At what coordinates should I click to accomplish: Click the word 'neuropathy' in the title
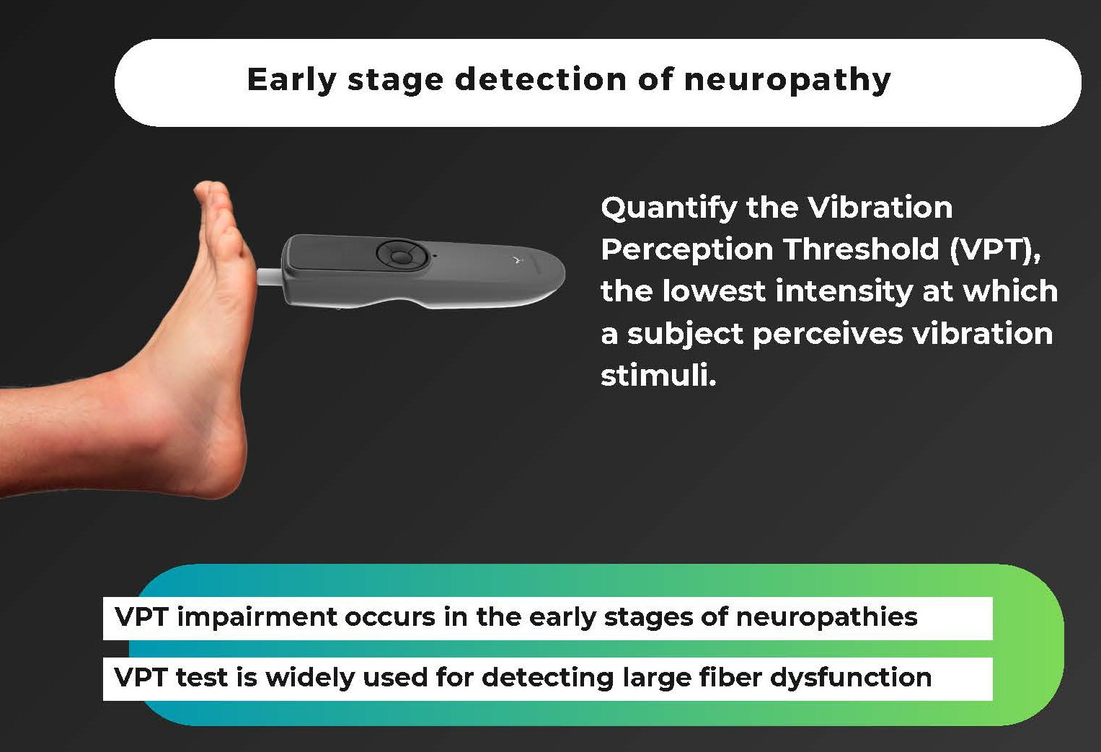pyautogui.click(x=787, y=80)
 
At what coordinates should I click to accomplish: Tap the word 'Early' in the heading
pyautogui.click(x=291, y=80)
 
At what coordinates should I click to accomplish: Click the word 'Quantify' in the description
pyautogui.click(x=668, y=208)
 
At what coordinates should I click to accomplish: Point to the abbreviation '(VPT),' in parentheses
pyautogui.click(x=995, y=249)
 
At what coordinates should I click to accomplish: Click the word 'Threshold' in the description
pyautogui.click(x=861, y=249)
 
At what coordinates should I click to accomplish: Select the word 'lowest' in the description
pyautogui.click(x=714, y=291)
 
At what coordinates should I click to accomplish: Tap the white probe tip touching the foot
pyautogui.click(x=270, y=277)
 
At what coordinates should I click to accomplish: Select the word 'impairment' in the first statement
pyautogui.click(x=257, y=617)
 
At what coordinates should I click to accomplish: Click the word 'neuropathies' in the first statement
pyautogui.click(x=827, y=617)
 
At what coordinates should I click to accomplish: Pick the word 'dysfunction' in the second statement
pyautogui.click(x=851, y=678)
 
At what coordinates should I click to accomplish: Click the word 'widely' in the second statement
pyautogui.click(x=309, y=678)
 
